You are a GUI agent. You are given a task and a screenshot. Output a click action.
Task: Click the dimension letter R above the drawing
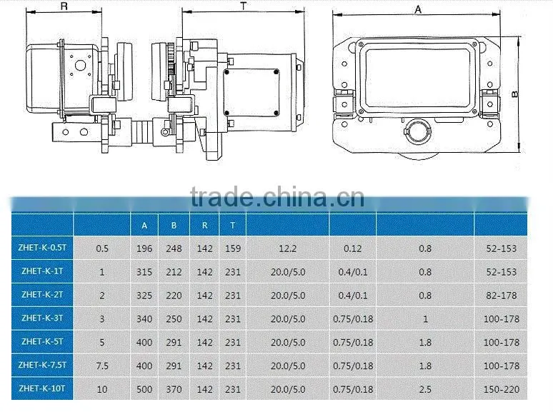pyautogui.click(x=64, y=6)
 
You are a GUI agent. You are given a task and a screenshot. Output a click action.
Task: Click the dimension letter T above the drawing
pyautogui.click(x=244, y=6)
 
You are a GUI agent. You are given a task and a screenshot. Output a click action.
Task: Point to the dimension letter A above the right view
pyautogui.click(x=418, y=9)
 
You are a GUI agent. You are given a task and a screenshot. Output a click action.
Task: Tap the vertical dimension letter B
pyautogui.click(x=516, y=94)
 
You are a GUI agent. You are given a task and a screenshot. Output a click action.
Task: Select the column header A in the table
pyautogui.click(x=144, y=226)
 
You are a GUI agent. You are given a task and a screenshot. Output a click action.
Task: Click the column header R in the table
pyautogui.click(x=205, y=225)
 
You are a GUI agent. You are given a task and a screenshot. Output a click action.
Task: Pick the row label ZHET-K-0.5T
pyautogui.click(x=42, y=248)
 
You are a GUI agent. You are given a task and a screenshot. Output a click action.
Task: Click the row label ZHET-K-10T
pyautogui.click(x=42, y=388)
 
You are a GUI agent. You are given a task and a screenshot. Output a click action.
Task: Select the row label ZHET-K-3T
pyautogui.click(x=42, y=318)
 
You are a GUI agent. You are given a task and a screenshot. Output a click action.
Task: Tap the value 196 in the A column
pyautogui.click(x=144, y=248)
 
